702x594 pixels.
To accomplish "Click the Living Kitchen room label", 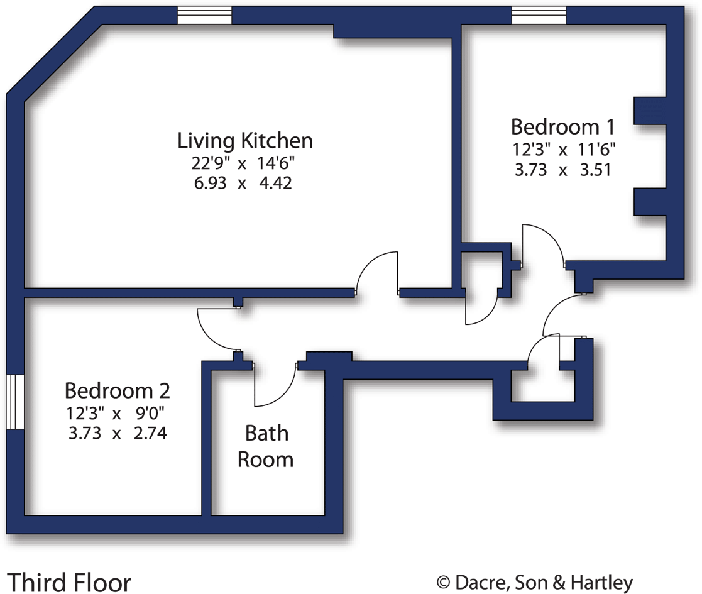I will coord(244,140).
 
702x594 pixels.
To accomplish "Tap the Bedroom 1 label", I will coord(562,126).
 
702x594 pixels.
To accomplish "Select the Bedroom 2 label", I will coord(117,390).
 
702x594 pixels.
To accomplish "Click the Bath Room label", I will coord(265,446).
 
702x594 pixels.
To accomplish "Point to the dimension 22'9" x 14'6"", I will coord(243,163).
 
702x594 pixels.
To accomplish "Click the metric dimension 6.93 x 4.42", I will coord(243,184).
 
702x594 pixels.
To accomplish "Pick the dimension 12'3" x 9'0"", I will coord(117,413).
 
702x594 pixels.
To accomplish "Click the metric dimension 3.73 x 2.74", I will coord(117,433).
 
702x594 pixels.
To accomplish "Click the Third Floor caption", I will coord(69,581).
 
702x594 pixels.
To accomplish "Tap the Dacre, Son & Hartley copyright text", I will coord(535,583).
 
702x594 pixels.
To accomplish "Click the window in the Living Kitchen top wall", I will coord(204,15).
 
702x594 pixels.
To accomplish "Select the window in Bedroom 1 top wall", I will coord(539,15).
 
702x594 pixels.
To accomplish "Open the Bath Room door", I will coord(275,385).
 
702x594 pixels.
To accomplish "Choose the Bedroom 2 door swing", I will coord(217,329).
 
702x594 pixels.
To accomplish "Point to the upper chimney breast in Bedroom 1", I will coord(649,111).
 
